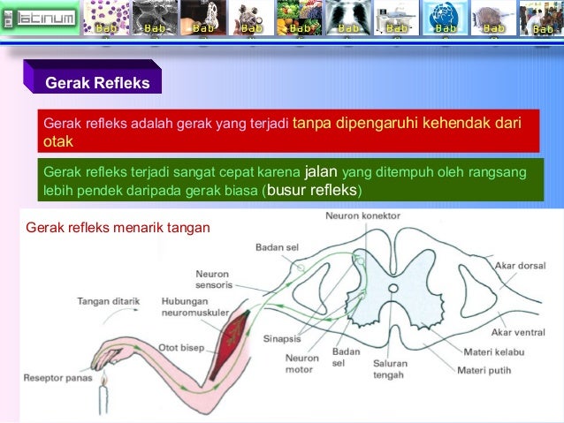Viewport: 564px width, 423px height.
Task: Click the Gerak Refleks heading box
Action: [97, 83]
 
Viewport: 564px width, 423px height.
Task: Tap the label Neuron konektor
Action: [362, 215]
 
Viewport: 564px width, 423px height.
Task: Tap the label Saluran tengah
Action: [389, 369]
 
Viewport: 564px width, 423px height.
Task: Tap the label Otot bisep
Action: [180, 347]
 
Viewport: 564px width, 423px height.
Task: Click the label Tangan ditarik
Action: [109, 301]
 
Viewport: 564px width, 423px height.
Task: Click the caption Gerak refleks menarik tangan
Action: [118, 228]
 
